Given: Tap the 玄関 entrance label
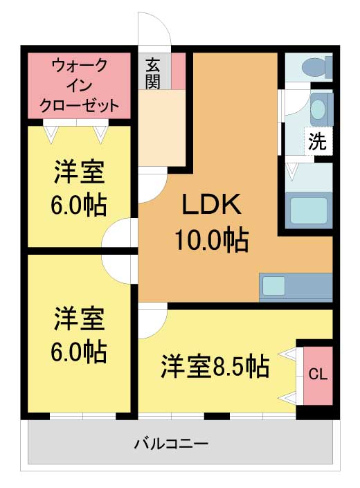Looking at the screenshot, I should [153, 73].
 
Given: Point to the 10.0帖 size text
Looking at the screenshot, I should [210, 240].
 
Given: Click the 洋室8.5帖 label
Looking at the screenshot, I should [215, 365].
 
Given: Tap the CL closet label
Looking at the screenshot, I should [318, 374].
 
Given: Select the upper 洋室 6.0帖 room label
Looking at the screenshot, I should [80, 188].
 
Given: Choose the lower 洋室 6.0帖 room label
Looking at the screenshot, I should [80, 335].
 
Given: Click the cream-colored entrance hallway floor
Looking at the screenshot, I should [162, 128].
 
